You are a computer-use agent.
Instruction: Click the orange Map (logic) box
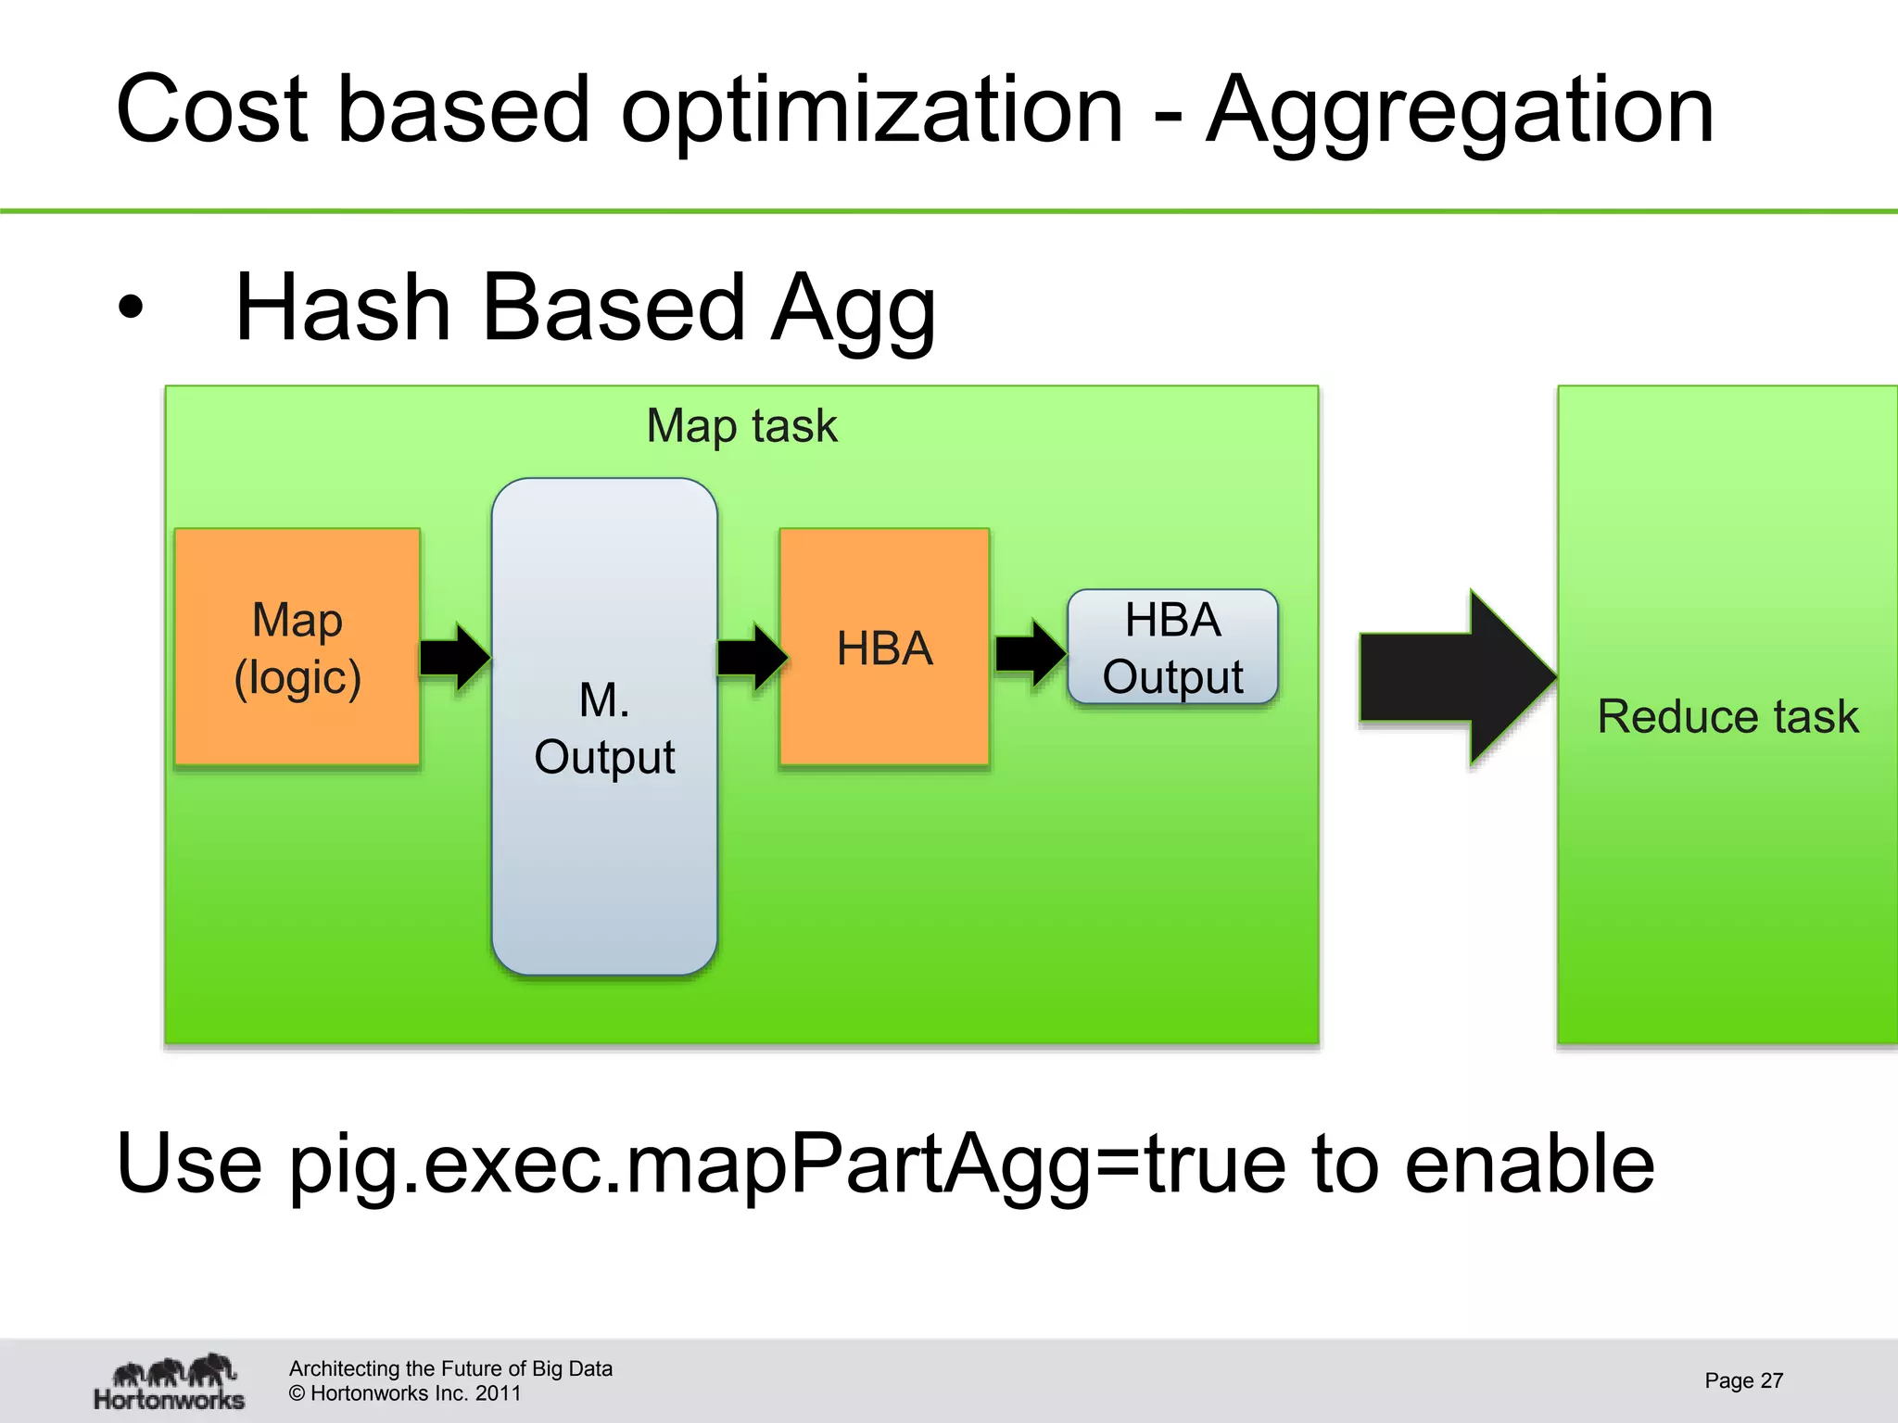297,647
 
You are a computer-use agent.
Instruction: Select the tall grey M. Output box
604,726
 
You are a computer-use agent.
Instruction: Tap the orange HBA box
884,647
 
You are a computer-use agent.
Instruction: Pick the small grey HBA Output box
1172,647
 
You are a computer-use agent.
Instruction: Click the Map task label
741,426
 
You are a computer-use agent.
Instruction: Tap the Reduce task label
1727,716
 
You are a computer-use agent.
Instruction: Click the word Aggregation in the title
1460,111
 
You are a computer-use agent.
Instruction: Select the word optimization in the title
871,111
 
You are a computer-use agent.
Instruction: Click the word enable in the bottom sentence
1529,1165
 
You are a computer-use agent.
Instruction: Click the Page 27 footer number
1743,1380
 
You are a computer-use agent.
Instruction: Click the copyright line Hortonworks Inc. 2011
405,1393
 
